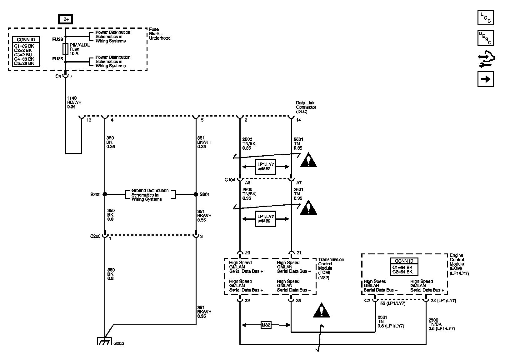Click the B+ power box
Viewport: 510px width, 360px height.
66,19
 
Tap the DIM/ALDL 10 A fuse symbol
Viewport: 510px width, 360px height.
66,49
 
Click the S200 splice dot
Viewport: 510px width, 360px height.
105,194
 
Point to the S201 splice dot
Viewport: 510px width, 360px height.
196,194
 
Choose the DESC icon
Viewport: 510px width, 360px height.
486,38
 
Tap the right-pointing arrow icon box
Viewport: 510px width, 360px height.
486,79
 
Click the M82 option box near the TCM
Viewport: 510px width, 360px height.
266,325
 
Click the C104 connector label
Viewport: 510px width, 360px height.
230,180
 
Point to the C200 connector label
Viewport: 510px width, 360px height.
95,236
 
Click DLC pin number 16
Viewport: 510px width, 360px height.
89,120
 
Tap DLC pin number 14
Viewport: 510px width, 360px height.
298,120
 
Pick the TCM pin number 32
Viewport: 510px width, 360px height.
247,301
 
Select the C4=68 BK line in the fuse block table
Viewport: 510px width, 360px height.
24,59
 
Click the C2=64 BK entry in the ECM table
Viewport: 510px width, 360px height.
402,272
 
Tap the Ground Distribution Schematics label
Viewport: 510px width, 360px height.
150,195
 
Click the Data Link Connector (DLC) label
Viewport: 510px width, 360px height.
306,107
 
